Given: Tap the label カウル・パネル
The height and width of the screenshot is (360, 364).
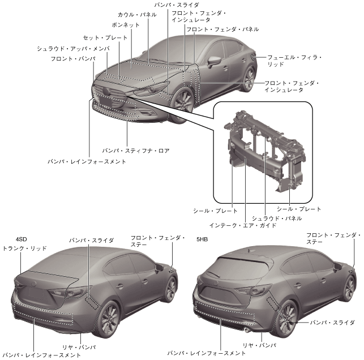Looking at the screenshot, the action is [134, 15].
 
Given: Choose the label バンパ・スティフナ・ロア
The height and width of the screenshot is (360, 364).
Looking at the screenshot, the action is [136, 151].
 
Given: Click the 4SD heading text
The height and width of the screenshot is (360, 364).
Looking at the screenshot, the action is [22, 239].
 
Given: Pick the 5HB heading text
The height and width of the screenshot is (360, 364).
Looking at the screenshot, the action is [202, 239].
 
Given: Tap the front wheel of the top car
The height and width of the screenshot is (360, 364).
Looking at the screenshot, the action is [183, 100].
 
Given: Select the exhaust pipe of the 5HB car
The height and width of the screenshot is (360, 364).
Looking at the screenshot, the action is [247, 329].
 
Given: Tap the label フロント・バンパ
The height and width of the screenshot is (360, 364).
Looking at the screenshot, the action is [72, 58].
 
